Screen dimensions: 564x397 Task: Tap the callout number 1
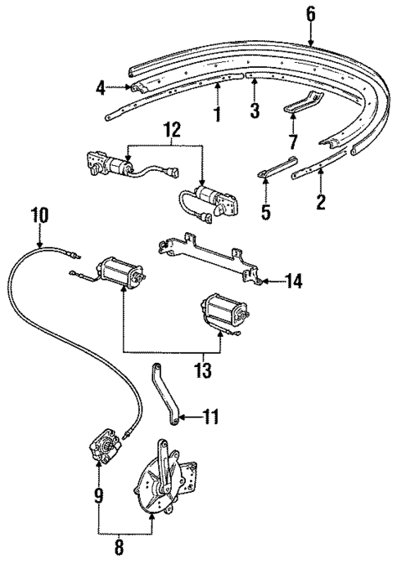217,113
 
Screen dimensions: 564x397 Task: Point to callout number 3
255,110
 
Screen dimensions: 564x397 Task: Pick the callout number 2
321,200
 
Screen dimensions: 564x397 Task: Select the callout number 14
295,282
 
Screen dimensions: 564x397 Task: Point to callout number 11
211,418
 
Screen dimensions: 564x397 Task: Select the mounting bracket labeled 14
209,257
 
